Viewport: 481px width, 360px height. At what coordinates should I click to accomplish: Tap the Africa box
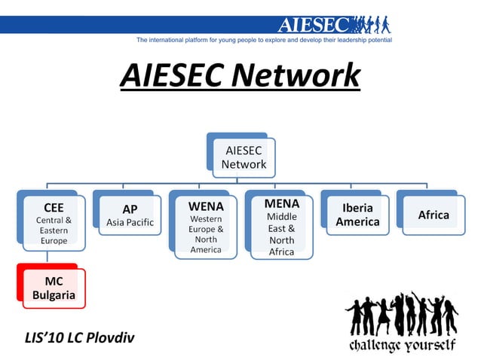pyautogui.click(x=433, y=215)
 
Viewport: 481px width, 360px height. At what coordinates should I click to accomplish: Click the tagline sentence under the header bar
pyautogui.click(x=264, y=39)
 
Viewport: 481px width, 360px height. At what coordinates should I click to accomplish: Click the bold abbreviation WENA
pyautogui.click(x=206, y=205)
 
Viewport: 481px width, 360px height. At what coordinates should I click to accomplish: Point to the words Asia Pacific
pyautogui.click(x=130, y=222)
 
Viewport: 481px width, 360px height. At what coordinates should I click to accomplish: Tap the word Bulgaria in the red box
pyautogui.click(x=54, y=294)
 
